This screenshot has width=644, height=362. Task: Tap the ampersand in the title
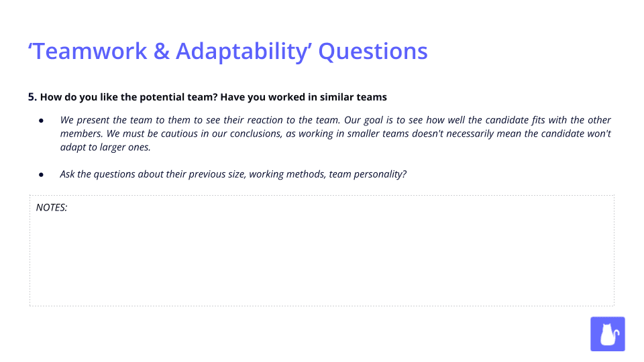click(162, 52)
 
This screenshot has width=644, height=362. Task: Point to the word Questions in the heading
click(373, 52)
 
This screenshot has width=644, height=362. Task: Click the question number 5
click(32, 97)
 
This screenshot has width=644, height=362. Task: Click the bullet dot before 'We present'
click(41, 121)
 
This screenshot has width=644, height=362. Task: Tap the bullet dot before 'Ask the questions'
click(41, 174)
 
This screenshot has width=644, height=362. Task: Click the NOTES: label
click(52, 207)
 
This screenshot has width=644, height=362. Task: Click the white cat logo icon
click(607, 334)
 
